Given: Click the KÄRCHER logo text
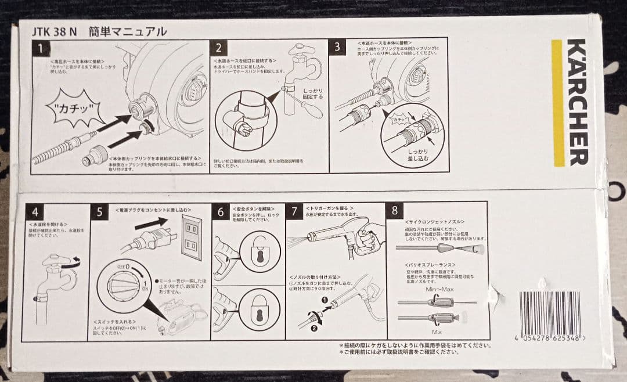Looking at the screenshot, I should [x=577, y=102].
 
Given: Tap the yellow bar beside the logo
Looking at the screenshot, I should [x=557, y=103].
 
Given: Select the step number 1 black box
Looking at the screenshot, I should [x=40, y=48].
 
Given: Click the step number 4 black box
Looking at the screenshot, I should [x=34, y=212].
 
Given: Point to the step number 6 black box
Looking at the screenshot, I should [x=221, y=212].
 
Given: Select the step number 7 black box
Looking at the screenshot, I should [x=295, y=212].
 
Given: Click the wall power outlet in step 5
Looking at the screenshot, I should [x=189, y=238].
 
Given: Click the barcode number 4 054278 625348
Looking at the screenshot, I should [x=549, y=338].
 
